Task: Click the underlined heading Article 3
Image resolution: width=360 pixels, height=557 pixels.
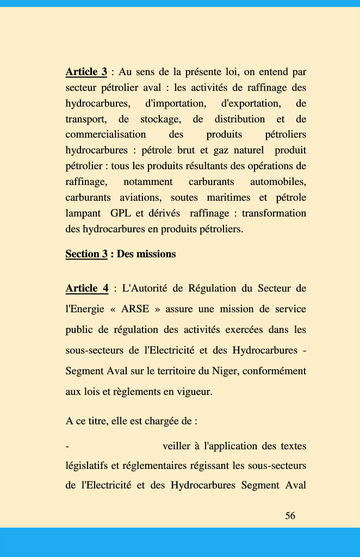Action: point(86,72)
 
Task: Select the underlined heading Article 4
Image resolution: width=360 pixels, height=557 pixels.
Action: point(86,288)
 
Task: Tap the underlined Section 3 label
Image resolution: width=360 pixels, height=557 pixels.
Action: point(86,254)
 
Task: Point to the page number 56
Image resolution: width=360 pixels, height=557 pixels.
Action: point(290,516)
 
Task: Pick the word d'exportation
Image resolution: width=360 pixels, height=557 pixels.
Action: point(251,103)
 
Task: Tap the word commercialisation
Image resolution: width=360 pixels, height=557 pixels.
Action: point(105,134)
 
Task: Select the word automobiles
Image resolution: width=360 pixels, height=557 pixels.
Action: point(278,182)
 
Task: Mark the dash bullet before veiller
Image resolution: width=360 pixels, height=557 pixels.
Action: point(67,447)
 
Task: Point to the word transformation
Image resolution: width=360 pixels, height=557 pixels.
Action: point(274,213)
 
